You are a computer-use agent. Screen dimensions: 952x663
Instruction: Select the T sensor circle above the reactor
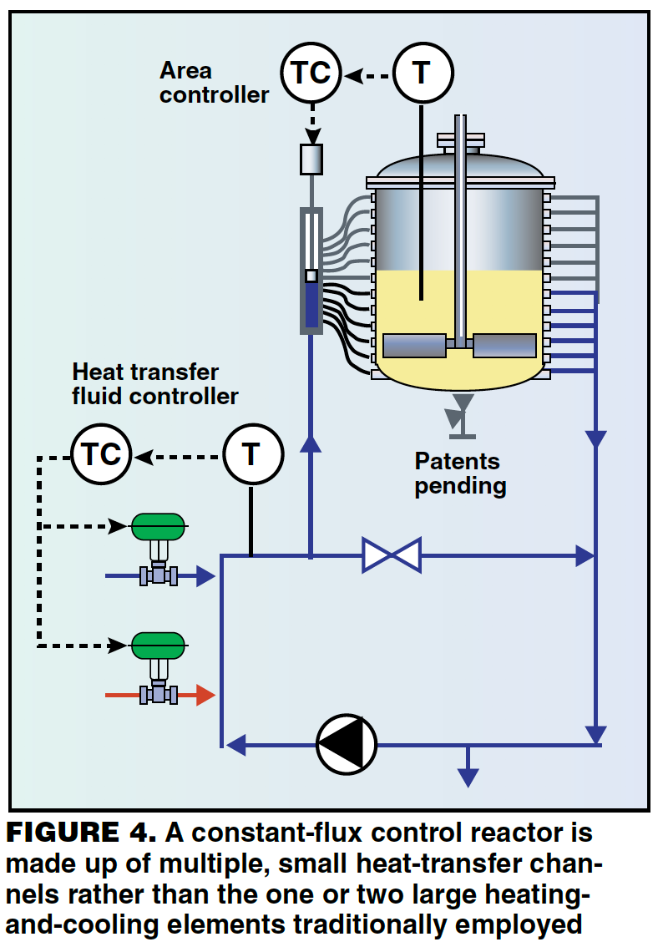tap(423, 73)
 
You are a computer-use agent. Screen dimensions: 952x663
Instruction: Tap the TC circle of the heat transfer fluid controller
tap(101, 455)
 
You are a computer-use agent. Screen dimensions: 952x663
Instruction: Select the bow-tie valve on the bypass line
tap(391, 555)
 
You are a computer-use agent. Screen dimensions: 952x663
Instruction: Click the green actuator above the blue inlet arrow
tap(157, 526)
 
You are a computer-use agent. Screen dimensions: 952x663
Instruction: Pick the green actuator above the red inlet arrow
tap(157, 645)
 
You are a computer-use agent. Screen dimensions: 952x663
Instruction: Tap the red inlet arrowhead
tap(205, 695)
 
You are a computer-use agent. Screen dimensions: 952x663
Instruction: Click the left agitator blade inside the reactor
tap(414, 345)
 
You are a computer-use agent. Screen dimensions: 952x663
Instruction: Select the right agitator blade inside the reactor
tap(504, 345)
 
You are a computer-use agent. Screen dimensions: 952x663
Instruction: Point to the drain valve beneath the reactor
tap(459, 414)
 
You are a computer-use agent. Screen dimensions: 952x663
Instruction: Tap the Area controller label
tap(214, 83)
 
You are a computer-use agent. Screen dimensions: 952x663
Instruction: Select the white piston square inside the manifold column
tap(311, 276)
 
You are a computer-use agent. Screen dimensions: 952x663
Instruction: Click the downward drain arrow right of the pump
tap(468, 774)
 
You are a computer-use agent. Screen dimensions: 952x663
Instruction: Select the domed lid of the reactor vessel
tap(461, 167)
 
